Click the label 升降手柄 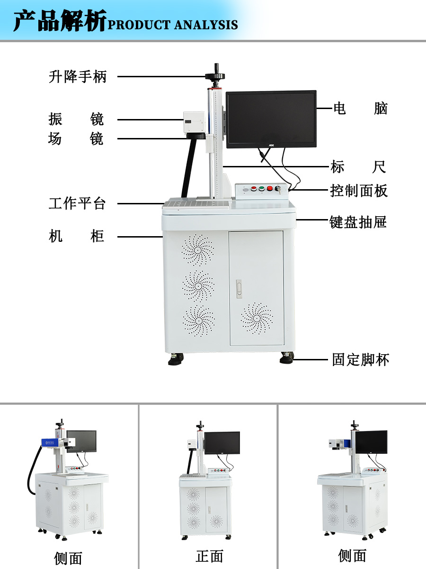click(78, 76)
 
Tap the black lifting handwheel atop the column click(215, 75)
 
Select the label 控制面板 click(359, 191)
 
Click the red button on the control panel click(270, 189)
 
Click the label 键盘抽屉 click(358, 221)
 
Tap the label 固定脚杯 click(361, 359)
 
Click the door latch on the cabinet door click(239, 289)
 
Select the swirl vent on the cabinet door click(257, 318)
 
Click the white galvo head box click(194, 123)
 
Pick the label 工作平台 click(77, 204)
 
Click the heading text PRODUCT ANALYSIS click(173, 25)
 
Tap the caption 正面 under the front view click(209, 556)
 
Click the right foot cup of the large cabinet click(286, 358)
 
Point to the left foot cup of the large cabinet click(176, 359)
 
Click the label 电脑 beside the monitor click(360, 109)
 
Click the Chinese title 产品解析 click(60, 21)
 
